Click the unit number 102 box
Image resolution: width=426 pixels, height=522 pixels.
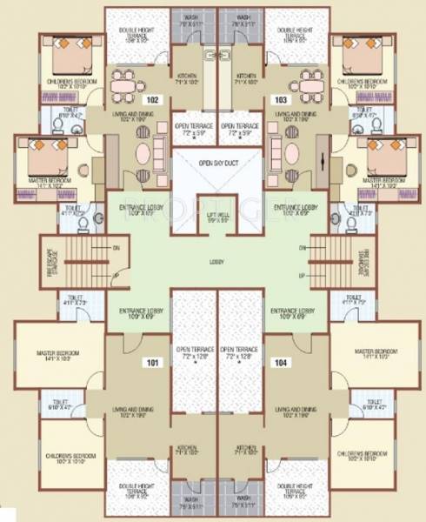point(152,100)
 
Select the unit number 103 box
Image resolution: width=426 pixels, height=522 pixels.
point(280,100)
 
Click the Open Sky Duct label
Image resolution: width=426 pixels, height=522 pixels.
point(213,162)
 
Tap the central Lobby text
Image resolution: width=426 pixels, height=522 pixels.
point(213,259)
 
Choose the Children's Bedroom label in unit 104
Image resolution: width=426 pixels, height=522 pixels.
point(361,454)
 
